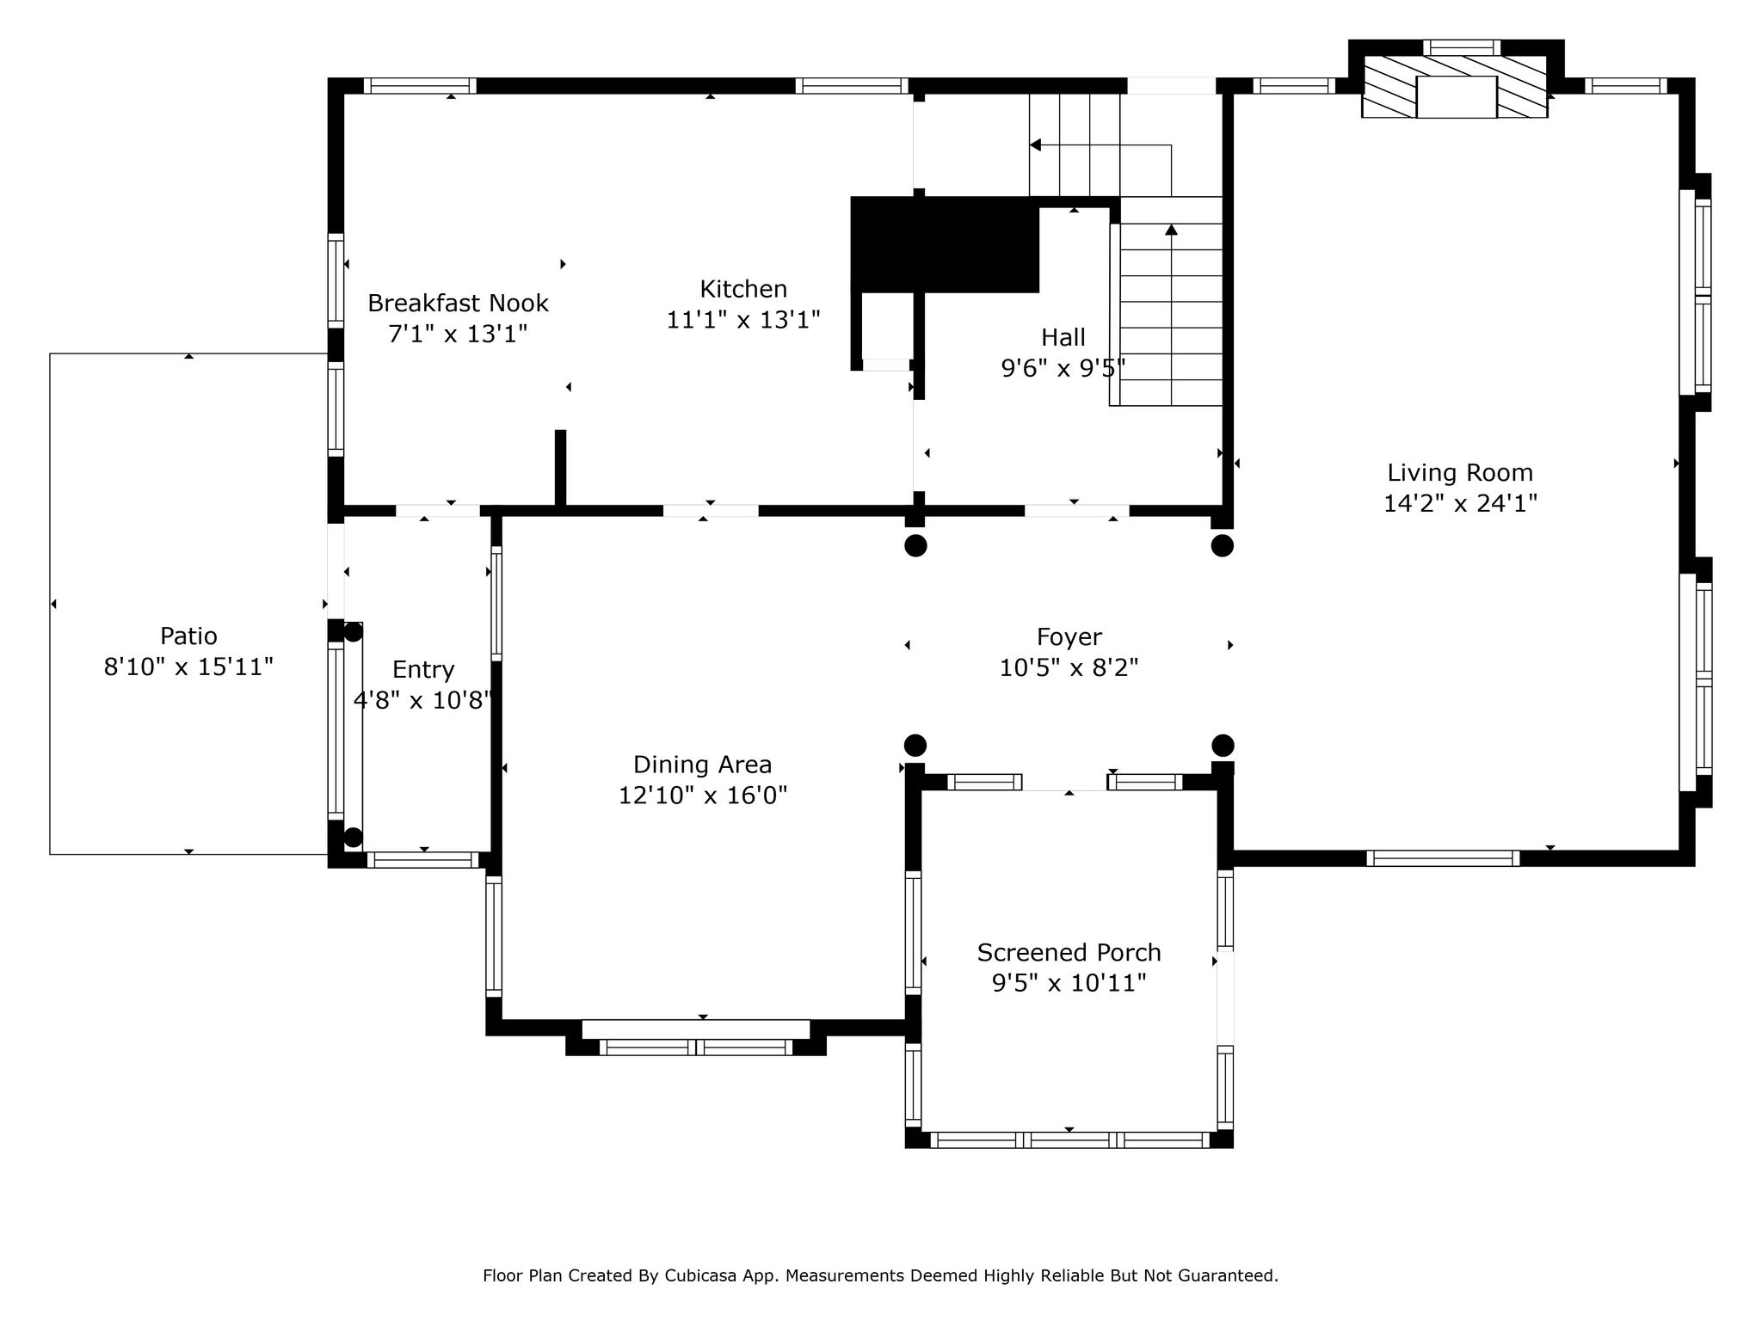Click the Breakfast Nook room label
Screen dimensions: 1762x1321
pos(458,303)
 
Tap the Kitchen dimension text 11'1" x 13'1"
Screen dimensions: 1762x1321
pos(743,320)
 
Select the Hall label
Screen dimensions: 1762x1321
pos(1063,337)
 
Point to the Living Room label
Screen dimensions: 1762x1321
pos(1460,473)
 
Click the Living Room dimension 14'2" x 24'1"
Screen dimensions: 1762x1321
pos(1460,503)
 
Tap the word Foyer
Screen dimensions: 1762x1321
pos(1069,637)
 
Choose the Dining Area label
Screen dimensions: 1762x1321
pos(703,765)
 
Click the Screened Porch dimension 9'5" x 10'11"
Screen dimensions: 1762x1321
pos(1069,983)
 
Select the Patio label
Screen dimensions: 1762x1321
pos(188,636)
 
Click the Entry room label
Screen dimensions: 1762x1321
pos(423,670)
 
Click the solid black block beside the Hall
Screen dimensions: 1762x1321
pos(945,245)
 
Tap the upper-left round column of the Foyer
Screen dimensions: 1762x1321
pos(915,545)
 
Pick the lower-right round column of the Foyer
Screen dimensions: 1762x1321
pos(1223,745)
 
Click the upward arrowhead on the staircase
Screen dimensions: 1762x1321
pos(1171,230)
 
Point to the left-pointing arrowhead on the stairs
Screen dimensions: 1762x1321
pos(1036,144)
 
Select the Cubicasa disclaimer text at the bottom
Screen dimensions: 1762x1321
pos(880,1276)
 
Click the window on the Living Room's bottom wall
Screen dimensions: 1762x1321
pos(1443,857)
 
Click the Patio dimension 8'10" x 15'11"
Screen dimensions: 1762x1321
pos(188,667)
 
